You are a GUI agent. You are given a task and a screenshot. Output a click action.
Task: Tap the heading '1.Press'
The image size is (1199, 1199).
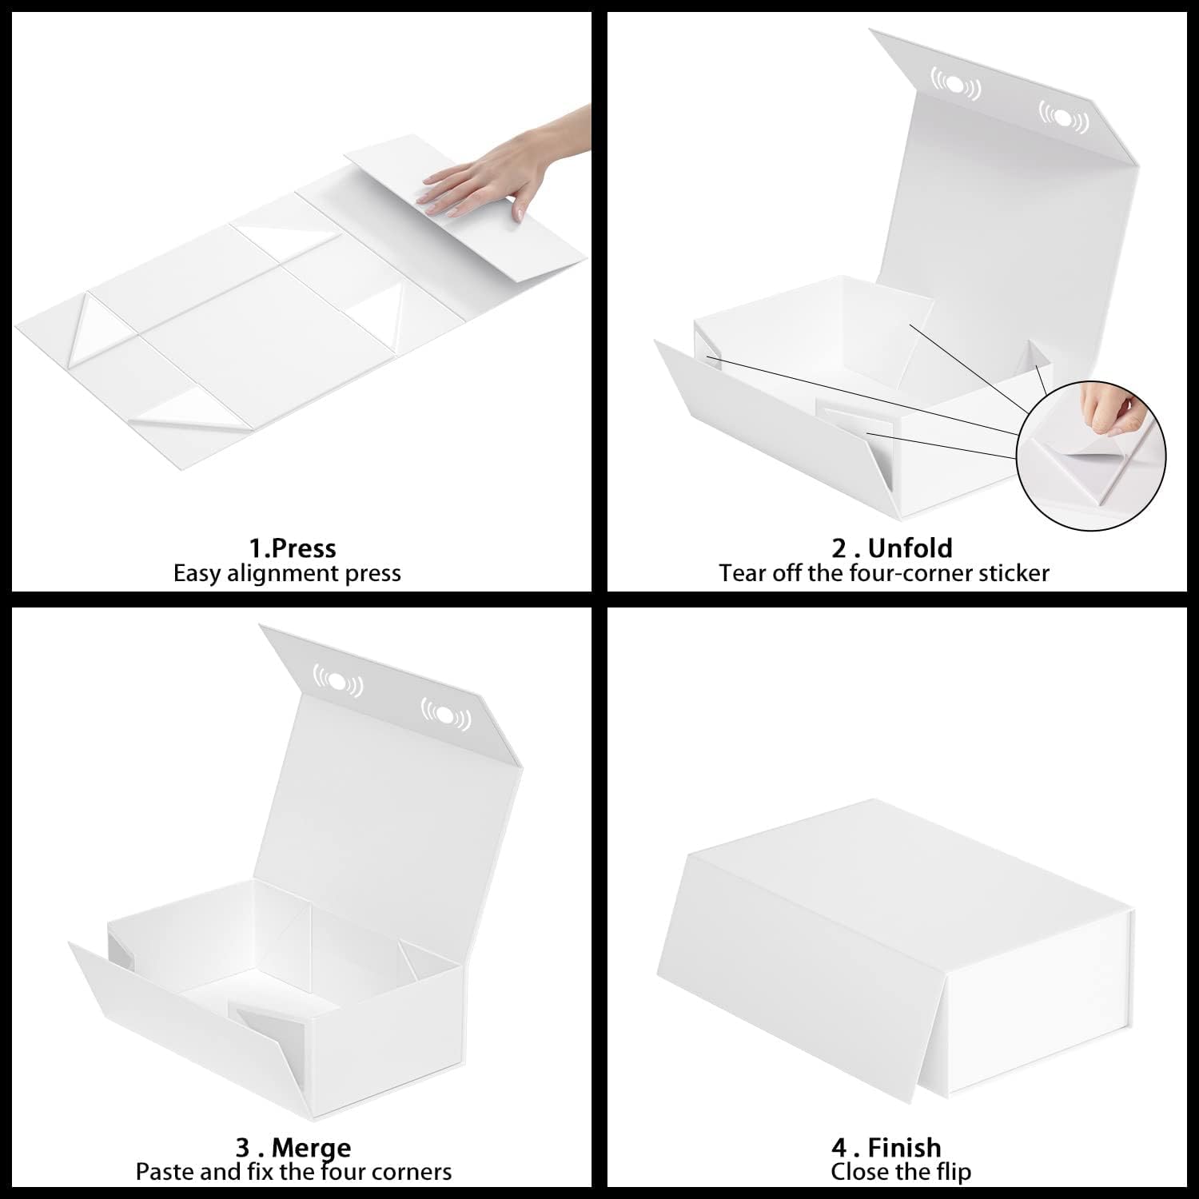(292, 548)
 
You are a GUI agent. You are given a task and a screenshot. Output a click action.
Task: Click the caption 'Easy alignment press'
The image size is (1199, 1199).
(287, 574)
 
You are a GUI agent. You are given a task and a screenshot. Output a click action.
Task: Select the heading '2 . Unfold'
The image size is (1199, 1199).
(891, 548)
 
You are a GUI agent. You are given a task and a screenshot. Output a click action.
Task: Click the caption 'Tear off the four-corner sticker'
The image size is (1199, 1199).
(883, 574)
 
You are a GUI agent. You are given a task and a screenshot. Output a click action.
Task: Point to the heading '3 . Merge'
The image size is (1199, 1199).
(293, 1148)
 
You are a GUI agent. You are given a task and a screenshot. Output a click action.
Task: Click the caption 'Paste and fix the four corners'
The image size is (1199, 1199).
(293, 1173)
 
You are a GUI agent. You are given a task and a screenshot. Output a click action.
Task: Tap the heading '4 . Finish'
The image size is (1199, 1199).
(886, 1148)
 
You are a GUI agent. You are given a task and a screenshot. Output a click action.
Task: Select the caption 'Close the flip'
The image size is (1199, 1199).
(901, 1173)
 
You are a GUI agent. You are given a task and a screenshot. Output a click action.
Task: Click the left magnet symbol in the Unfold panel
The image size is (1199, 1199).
(955, 84)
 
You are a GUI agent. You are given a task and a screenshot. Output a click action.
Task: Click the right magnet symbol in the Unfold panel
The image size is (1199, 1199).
(1063, 118)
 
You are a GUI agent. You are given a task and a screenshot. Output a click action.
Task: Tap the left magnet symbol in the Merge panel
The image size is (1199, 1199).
(337, 680)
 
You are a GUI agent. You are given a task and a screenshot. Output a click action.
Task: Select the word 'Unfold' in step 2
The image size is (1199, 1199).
(910, 548)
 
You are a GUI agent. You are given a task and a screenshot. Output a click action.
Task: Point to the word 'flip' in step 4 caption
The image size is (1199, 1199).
(953, 1173)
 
